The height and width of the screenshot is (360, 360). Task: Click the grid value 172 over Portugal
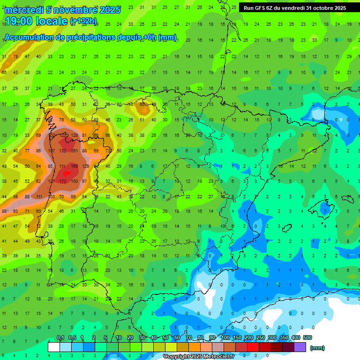tap(62, 181)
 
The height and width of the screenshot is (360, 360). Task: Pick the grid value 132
tap(62, 150)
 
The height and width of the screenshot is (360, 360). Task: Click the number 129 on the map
tap(85, 166)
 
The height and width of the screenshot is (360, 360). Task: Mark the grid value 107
tap(51, 150)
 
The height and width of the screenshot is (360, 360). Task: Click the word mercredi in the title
tap(24, 10)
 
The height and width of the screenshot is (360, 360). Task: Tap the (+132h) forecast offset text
tap(83, 21)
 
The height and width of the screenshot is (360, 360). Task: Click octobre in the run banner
tap(322, 8)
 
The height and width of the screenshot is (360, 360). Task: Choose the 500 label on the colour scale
tap(307, 338)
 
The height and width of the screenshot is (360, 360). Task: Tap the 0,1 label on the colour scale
tap(60, 338)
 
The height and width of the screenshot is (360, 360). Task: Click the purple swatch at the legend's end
tap(300, 347)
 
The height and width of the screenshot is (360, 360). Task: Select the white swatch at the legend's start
tap(54, 347)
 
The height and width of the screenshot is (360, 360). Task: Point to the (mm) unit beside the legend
tap(317, 348)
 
